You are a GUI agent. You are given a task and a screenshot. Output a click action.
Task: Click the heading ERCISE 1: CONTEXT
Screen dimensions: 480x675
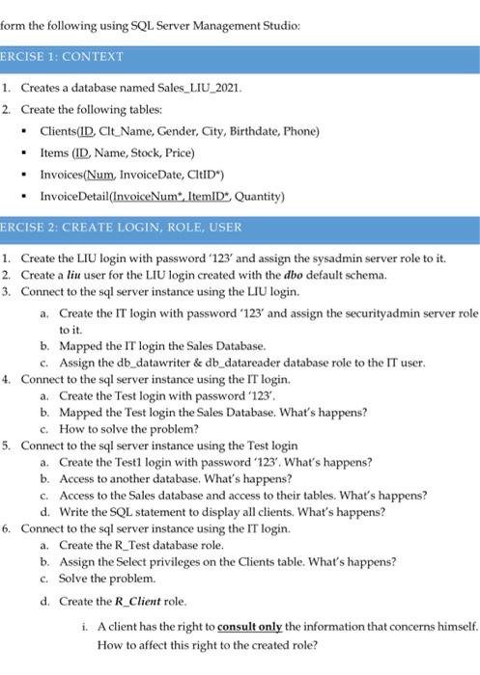point(63,56)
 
